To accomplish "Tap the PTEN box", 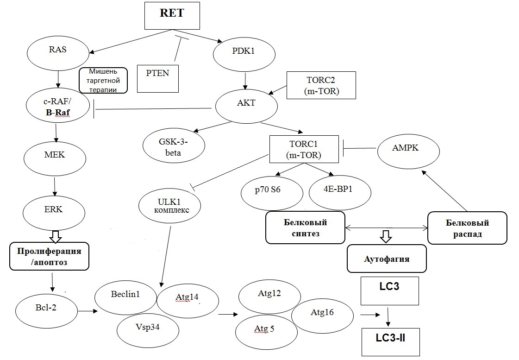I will coord(158,77).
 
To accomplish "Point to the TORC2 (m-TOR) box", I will coord(321,85).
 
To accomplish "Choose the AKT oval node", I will coord(246,106).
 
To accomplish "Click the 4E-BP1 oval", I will coord(340,191).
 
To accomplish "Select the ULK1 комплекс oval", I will coord(169,205).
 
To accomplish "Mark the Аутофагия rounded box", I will coord(387,259).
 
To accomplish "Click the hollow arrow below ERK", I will coord(56,237).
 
